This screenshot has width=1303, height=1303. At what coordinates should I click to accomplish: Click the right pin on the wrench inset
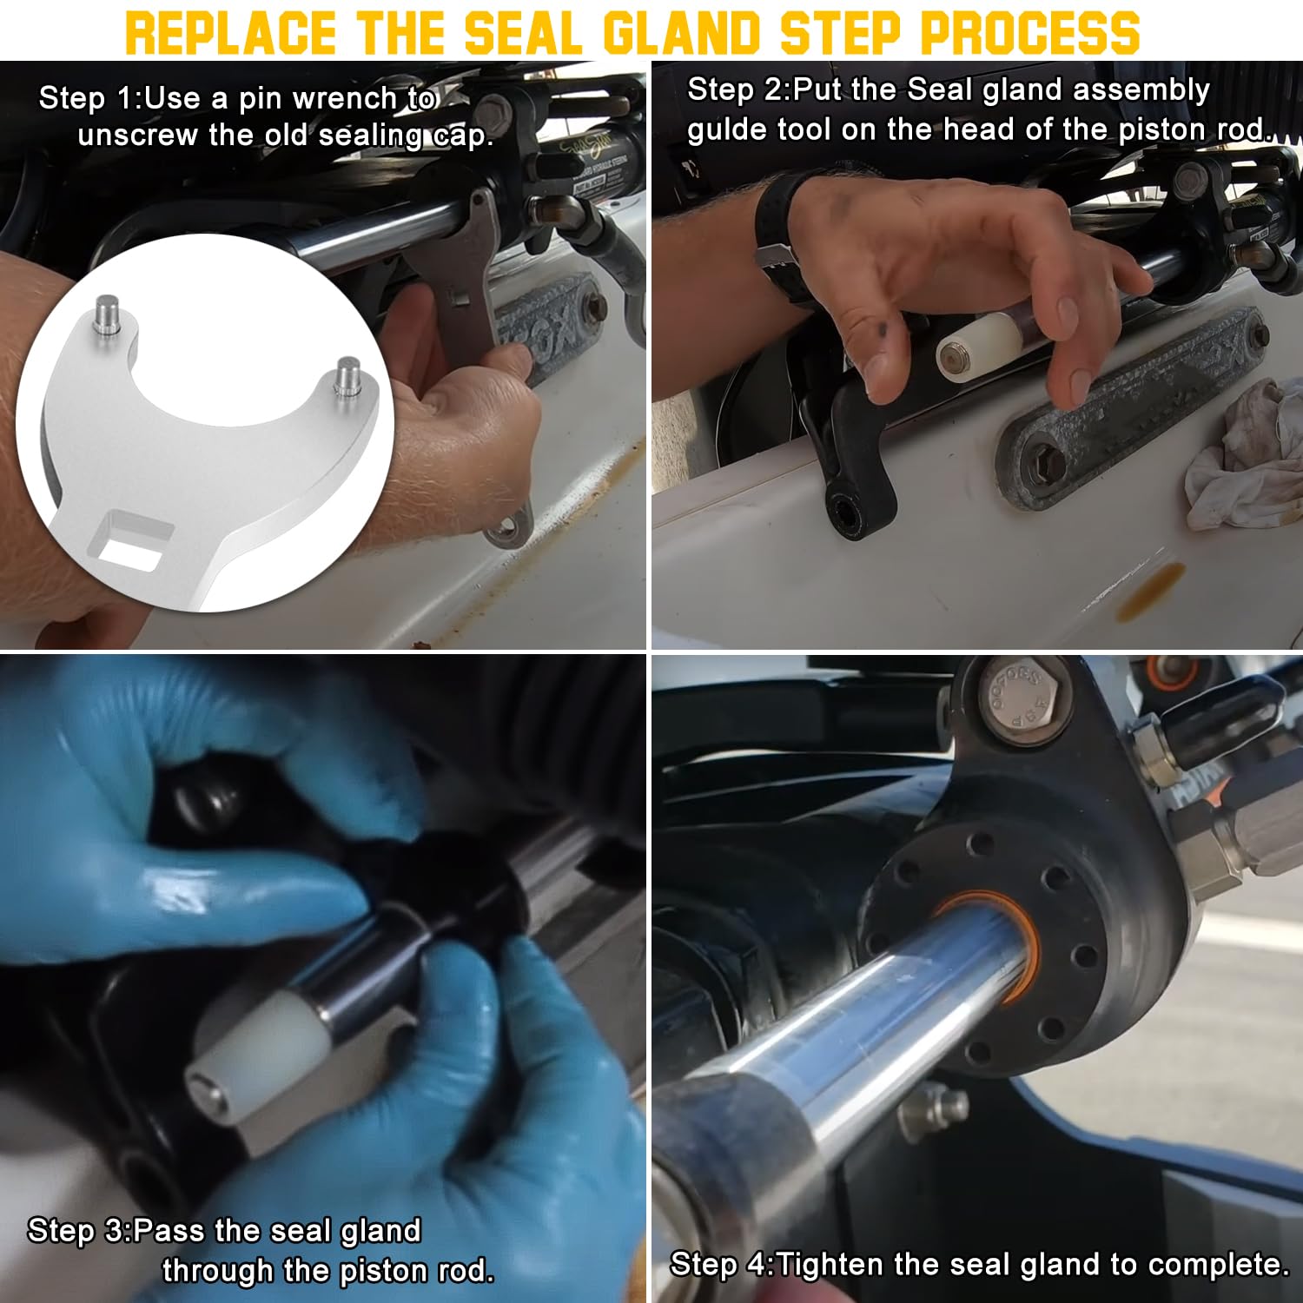point(349,375)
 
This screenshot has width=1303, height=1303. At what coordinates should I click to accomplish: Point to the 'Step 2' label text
point(734,89)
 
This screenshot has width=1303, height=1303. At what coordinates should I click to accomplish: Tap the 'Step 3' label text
point(75,1231)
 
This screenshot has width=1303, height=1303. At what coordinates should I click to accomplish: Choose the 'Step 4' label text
point(718,1264)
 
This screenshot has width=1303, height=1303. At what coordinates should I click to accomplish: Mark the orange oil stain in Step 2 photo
point(1150,592)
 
